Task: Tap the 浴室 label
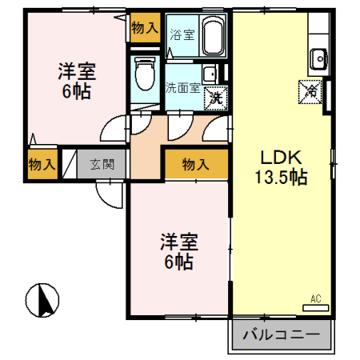(182, 34)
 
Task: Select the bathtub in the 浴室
(212, 36)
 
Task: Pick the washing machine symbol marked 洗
(214, 97)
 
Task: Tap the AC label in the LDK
(315, 299)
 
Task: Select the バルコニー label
(280, 334)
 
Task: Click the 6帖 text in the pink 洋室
(76, 90)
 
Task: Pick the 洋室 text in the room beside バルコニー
(178, 241)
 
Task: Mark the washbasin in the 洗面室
(209, 74)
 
